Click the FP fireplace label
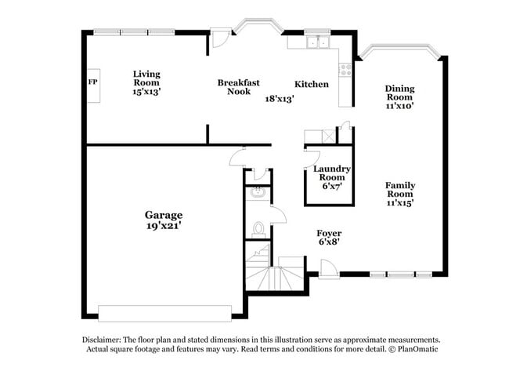(91, 82)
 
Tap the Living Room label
(146, 78)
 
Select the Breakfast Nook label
(239, 86)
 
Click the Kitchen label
(311, 85)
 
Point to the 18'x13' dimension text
(279, 99)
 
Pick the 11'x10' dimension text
(399, 105)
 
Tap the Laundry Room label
(331, 173)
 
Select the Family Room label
(399, 189)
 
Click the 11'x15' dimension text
(399, 202)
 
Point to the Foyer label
(329, 233)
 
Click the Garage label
(164, 214)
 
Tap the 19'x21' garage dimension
(164, 226)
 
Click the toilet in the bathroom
(258, 229)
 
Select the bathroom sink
(256, 193)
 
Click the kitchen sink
(317, 42)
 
